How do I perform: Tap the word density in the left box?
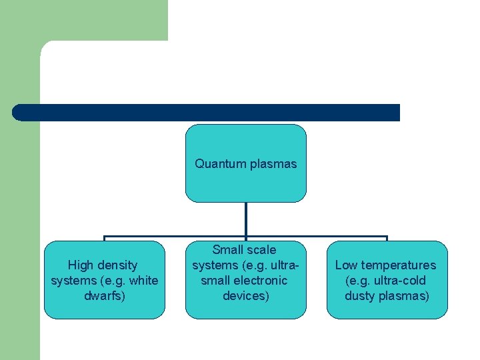[x=119, y=265]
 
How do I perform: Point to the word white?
[x=143, y=281]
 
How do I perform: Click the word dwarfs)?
[x=104, y=296]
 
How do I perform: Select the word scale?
[x=261, y=250]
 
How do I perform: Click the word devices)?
[x=246, y=296]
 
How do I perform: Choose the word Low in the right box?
[x=347, y=265]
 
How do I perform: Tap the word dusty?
[x=361, y=296]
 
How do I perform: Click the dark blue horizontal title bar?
[x=206, y=112]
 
